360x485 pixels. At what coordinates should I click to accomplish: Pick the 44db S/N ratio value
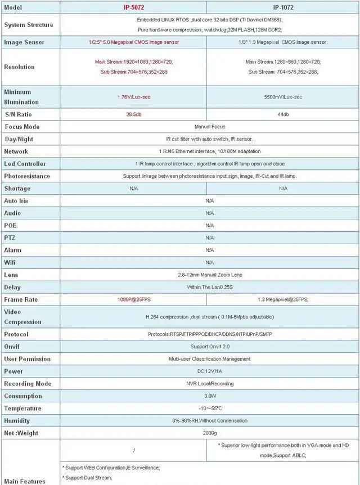[x=283, y=114]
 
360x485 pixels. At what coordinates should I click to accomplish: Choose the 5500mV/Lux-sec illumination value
[x=283, y=97]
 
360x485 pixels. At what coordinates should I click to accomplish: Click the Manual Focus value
[x=209, y=127]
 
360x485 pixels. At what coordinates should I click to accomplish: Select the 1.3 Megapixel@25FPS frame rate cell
[x=283, y=299]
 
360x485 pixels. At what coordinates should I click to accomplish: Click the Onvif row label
[x=12, y=347]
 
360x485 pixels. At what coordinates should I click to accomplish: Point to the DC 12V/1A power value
[x=209, y=371]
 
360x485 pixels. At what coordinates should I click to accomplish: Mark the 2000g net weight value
[x=209, y=433]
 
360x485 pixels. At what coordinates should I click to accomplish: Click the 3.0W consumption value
[x=209, y=396]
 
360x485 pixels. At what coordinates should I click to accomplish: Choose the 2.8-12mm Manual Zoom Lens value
[x=209, y=275]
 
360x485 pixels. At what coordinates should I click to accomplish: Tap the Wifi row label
[x=10, y=262]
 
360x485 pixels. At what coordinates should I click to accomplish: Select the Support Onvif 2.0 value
[x=209, y=347]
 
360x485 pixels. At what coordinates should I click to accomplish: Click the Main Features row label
[x=25, y=481]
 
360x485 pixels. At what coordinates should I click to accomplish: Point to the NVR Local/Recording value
[x=209, y=384]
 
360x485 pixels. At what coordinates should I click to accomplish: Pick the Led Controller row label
[x=25, y=164]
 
